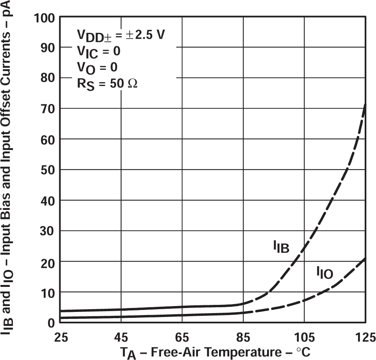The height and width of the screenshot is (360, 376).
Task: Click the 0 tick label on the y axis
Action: coord(50,322)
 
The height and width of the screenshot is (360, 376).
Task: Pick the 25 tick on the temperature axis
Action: coord(60,337)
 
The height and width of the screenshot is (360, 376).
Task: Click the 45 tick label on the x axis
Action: coord(121,337)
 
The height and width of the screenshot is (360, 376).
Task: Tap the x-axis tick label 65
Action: coord(182,337)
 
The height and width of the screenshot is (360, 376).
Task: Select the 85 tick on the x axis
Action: coord(243,337)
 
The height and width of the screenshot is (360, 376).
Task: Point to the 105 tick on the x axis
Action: coord(304,337)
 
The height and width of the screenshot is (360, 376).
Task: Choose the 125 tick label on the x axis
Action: coord(365,337)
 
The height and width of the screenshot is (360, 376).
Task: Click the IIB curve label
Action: coord(281,247)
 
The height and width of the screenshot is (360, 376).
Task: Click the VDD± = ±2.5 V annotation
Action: coord(120,35)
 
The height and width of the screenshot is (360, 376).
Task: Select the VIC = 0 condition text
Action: coord(98,51)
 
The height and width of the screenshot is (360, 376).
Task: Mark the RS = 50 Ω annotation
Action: coord(106,84)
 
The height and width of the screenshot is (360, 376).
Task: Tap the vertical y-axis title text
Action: coord(10,172)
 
